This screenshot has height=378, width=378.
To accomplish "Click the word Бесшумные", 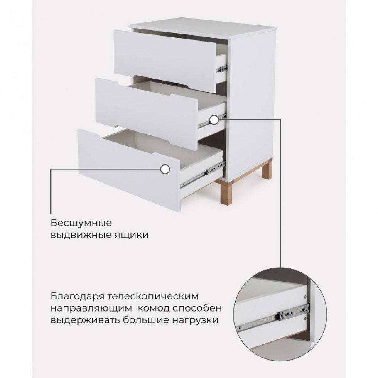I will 82,223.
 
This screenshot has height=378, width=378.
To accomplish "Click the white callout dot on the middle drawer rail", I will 214,120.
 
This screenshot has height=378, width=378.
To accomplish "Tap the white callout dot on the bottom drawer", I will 165,169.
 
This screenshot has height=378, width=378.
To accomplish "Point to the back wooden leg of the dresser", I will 267,172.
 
